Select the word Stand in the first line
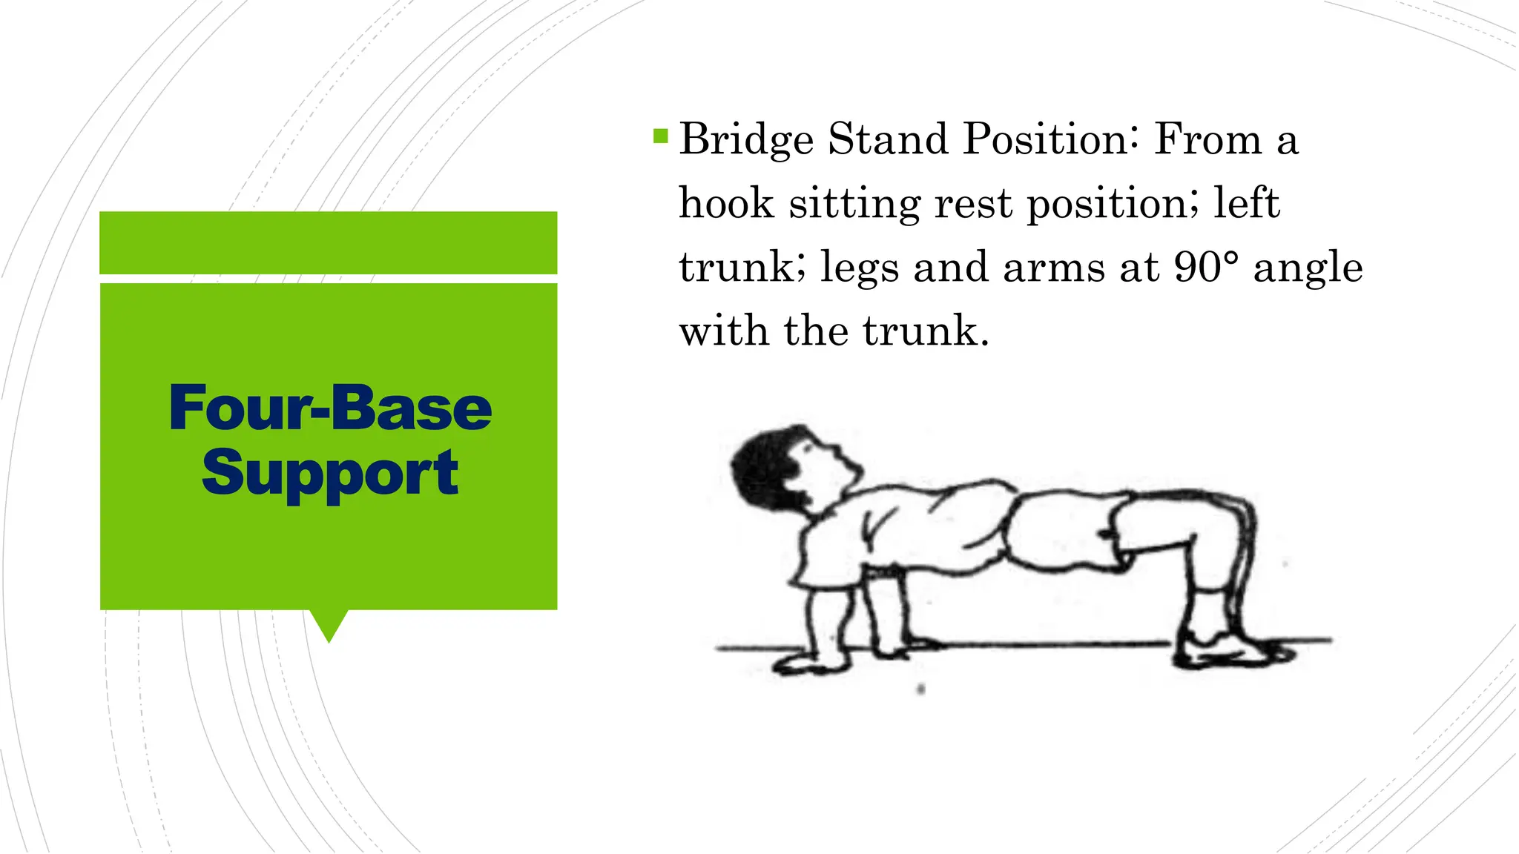coord(888,139)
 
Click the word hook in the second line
coord(726,203)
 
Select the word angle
coord(1308,268)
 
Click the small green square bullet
coord(660,136)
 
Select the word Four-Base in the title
coord(330,408)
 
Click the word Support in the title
coord(330,473)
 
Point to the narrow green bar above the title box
coord(328,242)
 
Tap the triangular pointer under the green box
coord(329,624)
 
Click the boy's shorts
coord(1061,530)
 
